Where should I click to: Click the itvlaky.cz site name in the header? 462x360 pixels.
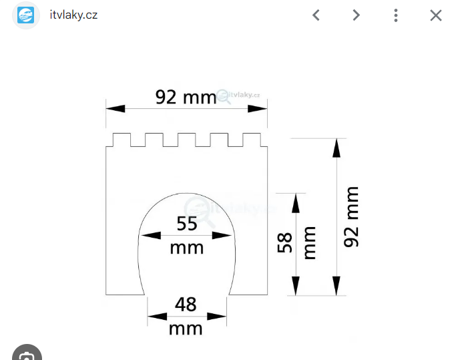click(x=73, y=15)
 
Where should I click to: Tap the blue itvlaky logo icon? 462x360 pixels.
click(x=25, y=15)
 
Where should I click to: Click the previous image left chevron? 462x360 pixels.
click(x=316, y=15)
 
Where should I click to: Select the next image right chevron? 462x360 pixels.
click(x=357, y=15)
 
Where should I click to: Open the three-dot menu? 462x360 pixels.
click(x=396, y=15)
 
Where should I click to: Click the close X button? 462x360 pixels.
click(x=436, y=15)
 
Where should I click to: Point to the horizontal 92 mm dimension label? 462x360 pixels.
click(x=186, y=97)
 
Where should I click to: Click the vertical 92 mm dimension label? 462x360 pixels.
click(x=351, y=216)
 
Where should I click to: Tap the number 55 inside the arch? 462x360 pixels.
click(x=187, y=224)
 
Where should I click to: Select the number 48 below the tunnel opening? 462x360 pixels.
click(x=186, y=305)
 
